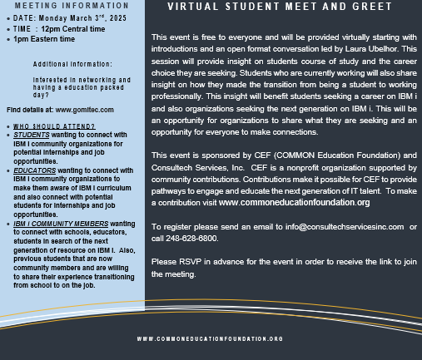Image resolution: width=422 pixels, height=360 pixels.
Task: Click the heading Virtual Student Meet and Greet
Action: [x=279, y=7]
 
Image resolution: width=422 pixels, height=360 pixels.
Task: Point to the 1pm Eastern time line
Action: [x=44, y=37]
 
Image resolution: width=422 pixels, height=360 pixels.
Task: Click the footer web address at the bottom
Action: [x=210, y=338]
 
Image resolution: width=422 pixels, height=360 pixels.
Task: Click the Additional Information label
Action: [x=72, y=63]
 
